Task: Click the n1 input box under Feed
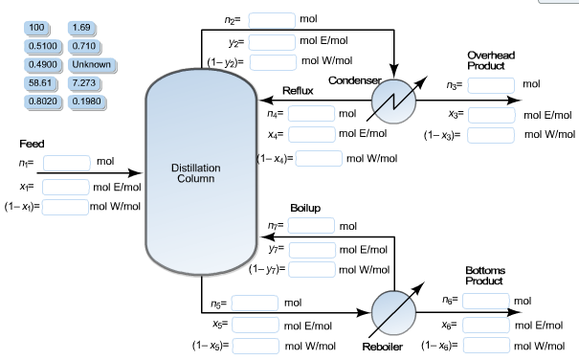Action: point(67,162)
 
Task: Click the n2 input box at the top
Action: point(272,19)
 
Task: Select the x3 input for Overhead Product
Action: point(492,115)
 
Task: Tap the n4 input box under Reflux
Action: point(312,114)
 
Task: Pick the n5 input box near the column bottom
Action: point(255,304)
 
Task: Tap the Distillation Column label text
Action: point(195,173)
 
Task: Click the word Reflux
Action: point(298,90)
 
